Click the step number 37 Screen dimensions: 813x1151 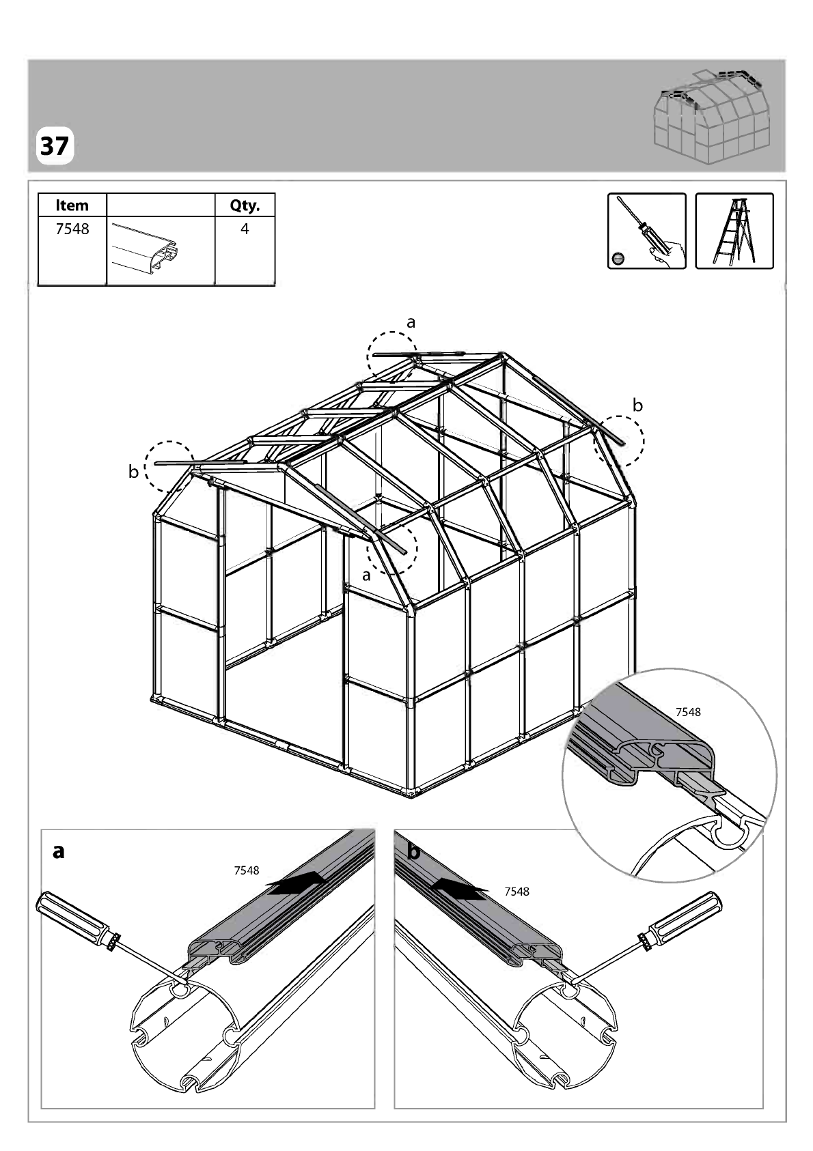pyautogui.click(x=55, y=146)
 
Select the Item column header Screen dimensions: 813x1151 pyautogui.click(x=72, y=205)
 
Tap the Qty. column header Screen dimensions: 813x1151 pyautogui.click(x=245, y=205)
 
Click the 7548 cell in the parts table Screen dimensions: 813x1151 pyautogui.click(x=72, y=229)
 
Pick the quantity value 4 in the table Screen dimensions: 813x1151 pyautogui.click(x=245, y=229)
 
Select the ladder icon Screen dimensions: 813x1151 pyautogui.click(x=734, y=231)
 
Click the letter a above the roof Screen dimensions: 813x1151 pyautogui.click(x=411, y=323)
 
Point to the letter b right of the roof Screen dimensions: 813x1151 pyautogui.click(x=637, y=406)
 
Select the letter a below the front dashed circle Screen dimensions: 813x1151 pyautogui.click(x=366, y=576)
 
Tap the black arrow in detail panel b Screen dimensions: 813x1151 pyautogui.click(x=458, y=888)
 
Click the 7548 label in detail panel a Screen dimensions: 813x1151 pyautogui.click(x=247, y=870)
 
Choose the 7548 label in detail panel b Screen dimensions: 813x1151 pyautogui.click(x=516, y=892)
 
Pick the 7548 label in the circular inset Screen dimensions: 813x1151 pyautogui.click(x=688, y=712)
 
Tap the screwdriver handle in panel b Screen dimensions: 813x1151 pyautogui.click(x=682, y=922)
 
